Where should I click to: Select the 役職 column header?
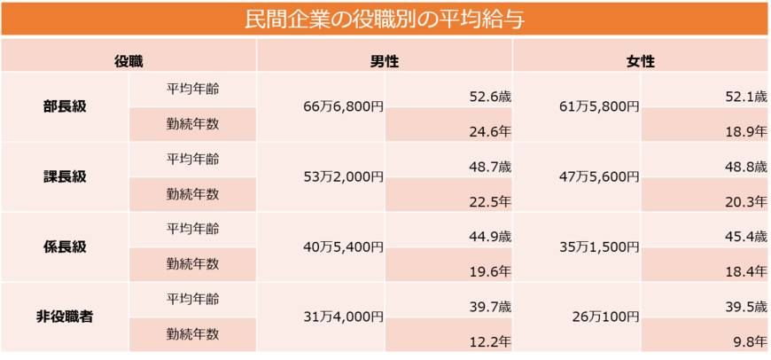pos(128,61)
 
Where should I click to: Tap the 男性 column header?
pos(384,61)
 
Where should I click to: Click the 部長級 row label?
pos(65,106)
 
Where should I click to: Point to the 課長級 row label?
pos(65,176)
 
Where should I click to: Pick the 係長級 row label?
pos(65,247)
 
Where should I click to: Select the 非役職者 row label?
pos(65,317)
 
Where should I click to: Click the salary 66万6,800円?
pos(343,106)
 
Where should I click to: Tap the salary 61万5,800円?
pos(599,106)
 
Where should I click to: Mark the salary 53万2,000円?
pos(343,176)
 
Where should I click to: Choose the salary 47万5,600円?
pos(599,176)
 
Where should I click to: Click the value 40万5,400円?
pos(343,247)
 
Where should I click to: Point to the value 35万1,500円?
pos(599,247)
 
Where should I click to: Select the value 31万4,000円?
pos(343,317)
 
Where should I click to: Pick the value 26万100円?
pos(604,317)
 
